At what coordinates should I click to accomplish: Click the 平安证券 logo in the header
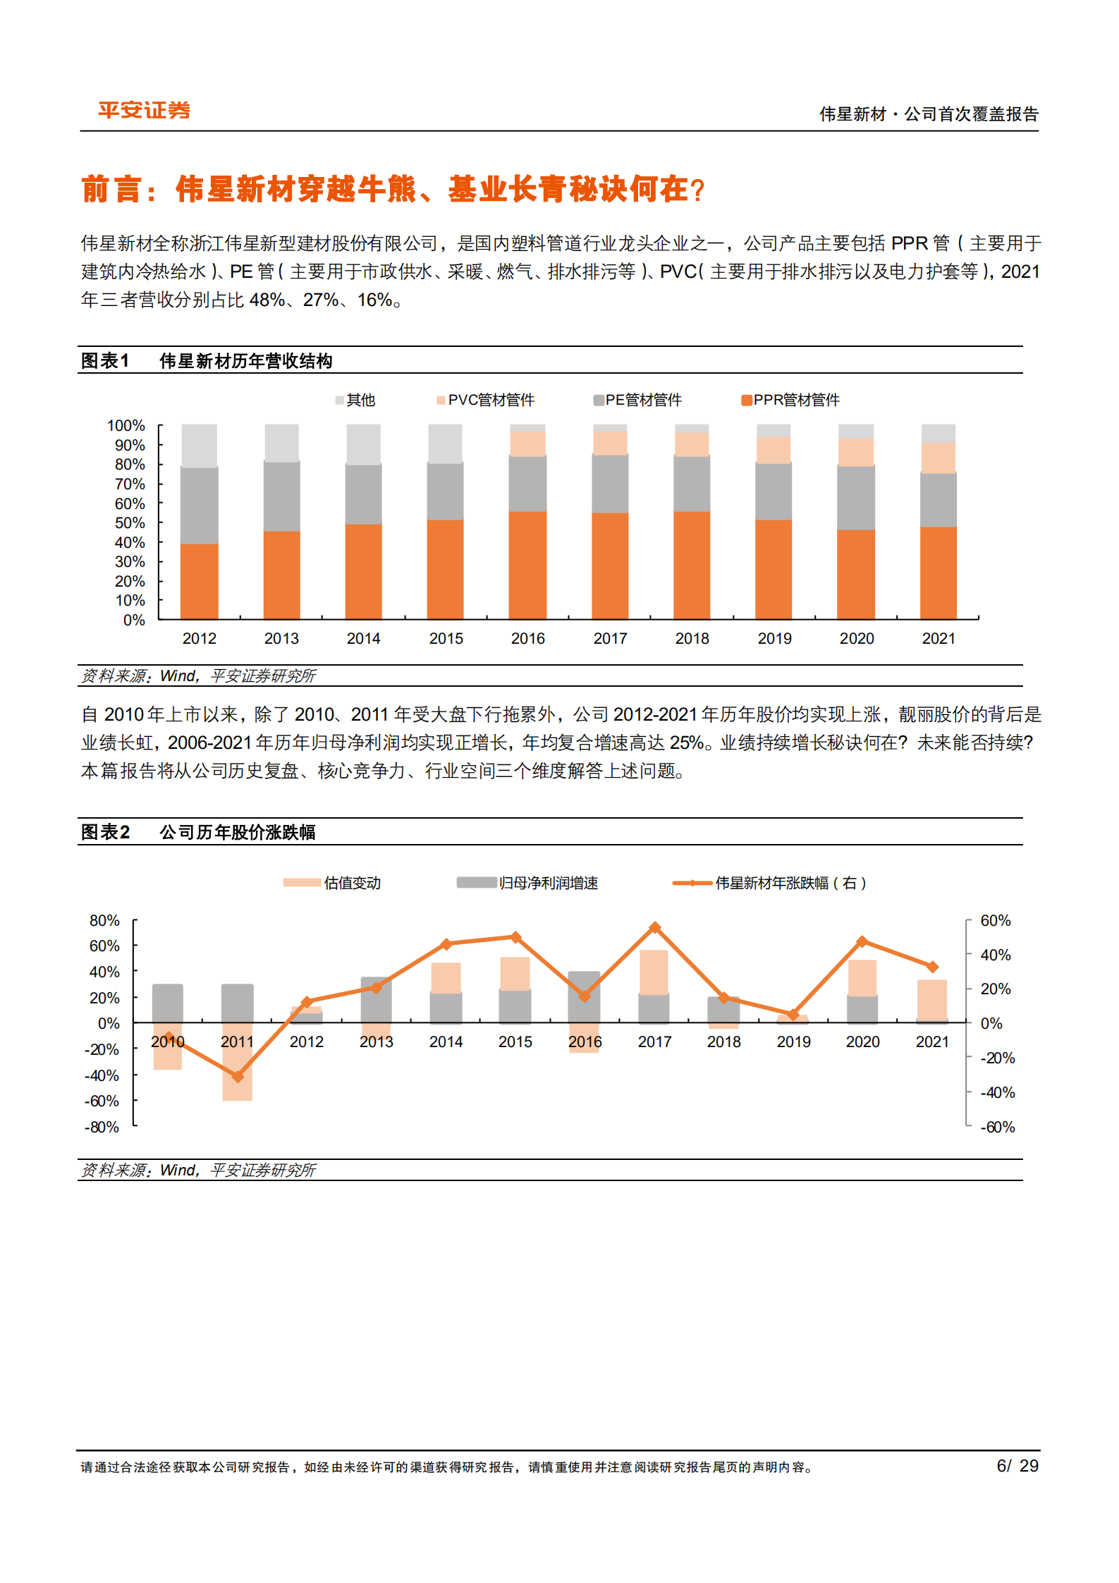click(x=144, y=111)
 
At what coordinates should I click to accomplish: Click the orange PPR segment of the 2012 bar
click(x=199, y=582)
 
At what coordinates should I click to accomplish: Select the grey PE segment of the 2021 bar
click(x=938, y=500)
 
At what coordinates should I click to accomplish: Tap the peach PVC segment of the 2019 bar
click(x=773, y=450)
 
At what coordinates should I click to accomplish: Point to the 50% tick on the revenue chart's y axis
click(x=130, y=523)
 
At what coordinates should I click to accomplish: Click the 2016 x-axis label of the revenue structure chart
click(x=527, y=639)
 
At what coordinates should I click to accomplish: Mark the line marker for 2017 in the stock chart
click(x=654, y=928)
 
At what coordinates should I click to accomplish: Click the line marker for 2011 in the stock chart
click(x=238, y=1077)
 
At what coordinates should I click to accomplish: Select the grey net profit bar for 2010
click(x=168, y=1003)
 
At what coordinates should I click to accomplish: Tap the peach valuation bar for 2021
click(x=931, y=999)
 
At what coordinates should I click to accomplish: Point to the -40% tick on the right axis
click(x=997, y=1093)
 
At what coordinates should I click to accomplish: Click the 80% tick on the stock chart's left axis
click(x=104, y=921)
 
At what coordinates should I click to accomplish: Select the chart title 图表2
click(x=106, y=833)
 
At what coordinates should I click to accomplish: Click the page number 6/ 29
click(x=1017, y=1466)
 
